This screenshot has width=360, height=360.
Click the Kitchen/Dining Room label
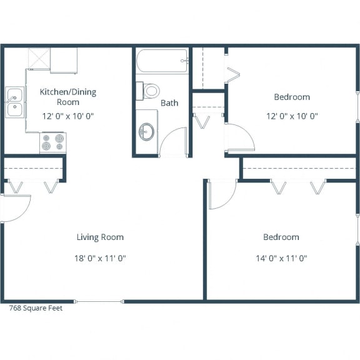point(68,96)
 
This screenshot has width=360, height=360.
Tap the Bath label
point(169,102)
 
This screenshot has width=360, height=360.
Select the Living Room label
point(100,237)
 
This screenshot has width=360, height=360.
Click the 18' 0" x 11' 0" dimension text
point(100,257)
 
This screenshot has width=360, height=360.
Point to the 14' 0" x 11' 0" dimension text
point(281,257)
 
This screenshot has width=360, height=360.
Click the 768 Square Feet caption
point(36,307)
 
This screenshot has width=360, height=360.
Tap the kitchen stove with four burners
point(53,142)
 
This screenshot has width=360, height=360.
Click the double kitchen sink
point(14,102)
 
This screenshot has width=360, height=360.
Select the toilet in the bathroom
point(150,91)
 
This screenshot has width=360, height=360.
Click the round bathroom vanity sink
point(147,132)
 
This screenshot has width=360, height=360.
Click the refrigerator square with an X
point(39,59)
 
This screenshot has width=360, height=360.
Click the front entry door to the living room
point(16,205)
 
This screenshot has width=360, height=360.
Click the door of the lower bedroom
point(222,194)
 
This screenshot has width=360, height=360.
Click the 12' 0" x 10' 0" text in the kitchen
point(68,116)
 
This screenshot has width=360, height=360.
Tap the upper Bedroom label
point(292,97)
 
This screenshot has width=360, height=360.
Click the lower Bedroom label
point(281,237)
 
